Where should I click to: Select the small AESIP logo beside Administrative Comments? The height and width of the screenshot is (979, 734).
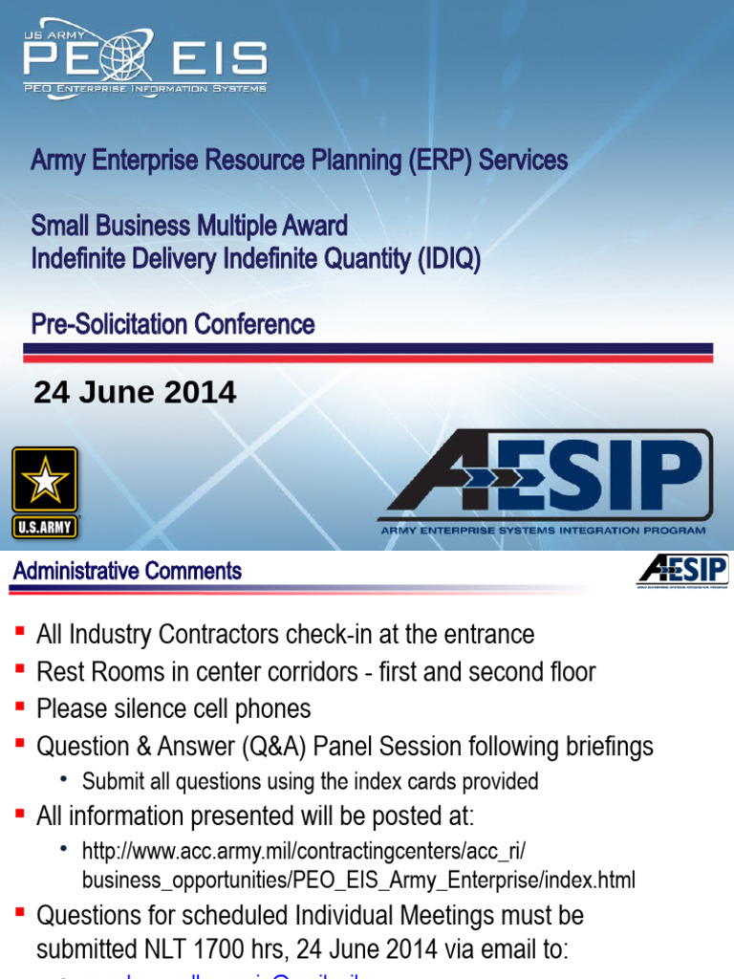click(x=682, y=572)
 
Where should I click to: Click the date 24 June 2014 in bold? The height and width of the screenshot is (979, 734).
click(x=135, y=392)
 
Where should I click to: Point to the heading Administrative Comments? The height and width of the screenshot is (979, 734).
click(x=127, y=572)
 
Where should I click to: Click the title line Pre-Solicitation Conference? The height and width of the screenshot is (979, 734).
click(x=173, y=324)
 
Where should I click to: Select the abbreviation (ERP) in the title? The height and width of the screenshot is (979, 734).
click(x=440, y=160)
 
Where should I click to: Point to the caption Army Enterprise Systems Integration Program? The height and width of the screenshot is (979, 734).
click(x=543, y=530)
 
